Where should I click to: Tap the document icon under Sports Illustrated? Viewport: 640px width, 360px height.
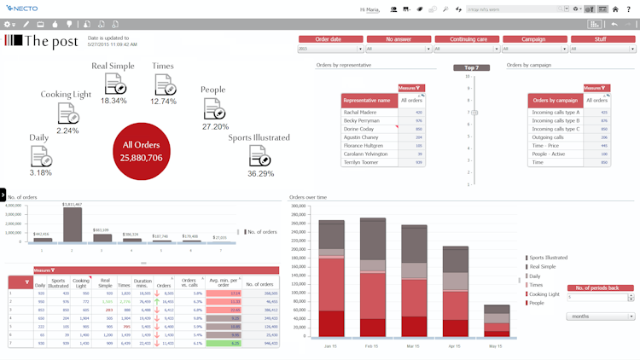tap(260, 155)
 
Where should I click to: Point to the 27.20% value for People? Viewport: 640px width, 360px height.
tap(215, 126)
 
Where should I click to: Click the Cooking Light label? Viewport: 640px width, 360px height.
tap(66, 94)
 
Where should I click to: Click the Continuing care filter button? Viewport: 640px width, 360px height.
tap(466, 39)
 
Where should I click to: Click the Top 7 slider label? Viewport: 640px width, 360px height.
tap(471, 67)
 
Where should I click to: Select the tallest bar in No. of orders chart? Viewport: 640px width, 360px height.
tap(72, 224)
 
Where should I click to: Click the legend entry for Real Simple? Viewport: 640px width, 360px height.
tap(543, 266)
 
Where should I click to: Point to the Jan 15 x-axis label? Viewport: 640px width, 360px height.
tap(333, 345)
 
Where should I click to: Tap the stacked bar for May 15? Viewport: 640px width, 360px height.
tap(497, 321)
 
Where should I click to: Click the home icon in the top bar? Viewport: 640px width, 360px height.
tap(614, 9)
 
